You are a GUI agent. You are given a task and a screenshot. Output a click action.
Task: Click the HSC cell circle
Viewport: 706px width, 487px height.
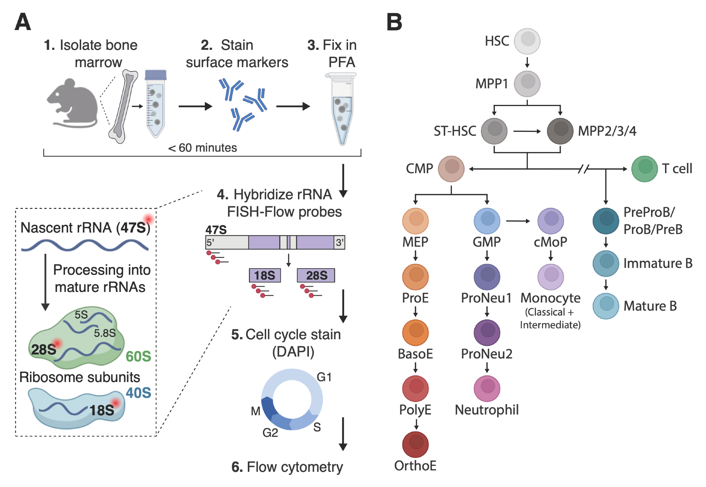pos(527,41)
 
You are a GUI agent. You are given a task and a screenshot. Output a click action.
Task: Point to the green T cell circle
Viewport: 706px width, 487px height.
pos(644,169)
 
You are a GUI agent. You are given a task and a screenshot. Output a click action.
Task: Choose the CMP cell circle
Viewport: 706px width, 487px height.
pos(451,169)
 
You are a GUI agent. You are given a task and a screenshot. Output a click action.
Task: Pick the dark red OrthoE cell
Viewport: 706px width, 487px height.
pos(415,444)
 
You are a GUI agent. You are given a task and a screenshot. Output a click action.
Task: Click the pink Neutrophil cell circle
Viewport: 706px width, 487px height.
pos(487,388)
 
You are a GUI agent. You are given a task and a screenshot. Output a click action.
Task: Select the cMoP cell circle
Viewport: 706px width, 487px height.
pos(550,221)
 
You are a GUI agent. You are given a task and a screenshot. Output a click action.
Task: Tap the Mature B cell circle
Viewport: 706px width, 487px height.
pos(606,306)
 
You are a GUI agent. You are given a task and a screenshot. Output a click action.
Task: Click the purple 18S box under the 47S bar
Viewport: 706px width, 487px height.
pos(265,275)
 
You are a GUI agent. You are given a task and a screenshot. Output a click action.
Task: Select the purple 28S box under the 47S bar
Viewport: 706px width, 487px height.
pos(316,275)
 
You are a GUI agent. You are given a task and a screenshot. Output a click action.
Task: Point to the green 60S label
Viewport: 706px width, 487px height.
pos(138,356)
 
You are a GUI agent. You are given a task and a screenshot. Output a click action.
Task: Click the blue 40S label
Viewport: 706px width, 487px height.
pos(138,393)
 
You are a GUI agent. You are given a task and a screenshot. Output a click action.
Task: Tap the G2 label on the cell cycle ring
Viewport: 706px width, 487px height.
pos(270,433)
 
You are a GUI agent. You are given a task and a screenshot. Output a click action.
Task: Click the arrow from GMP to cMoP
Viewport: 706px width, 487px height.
pos(518,221)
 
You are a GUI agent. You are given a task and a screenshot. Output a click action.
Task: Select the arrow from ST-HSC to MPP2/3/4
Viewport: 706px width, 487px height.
pos(527,131)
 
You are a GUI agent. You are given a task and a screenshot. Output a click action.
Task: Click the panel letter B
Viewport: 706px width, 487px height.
pos(394,22)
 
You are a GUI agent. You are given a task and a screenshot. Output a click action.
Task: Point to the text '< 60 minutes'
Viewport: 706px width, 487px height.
pos(202,148)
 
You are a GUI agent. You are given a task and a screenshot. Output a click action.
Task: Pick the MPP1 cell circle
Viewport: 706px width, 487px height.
pos(527,84)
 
